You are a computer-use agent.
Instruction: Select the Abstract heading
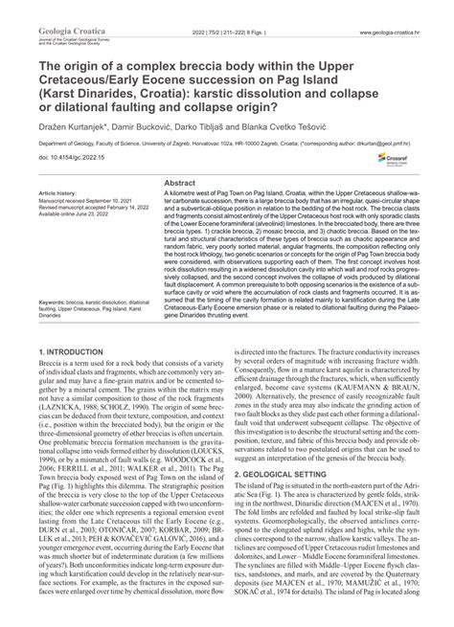[181, 155]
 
